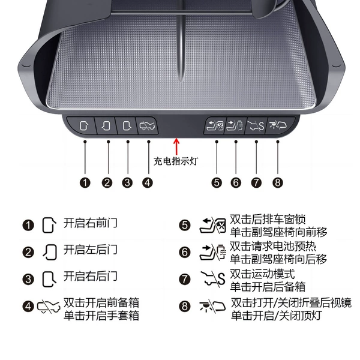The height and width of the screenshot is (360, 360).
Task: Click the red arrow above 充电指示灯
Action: (x=176, y=146)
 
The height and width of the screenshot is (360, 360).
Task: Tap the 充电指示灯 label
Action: (x=176, y=161)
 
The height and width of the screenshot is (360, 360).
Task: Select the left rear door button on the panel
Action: (x=106, y=126)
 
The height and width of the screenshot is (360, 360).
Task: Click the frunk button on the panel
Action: (x=148, y=126)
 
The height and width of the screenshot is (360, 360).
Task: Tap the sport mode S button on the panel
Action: (x=256, y=126)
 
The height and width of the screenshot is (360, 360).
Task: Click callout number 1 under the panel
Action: (x=85, y=183)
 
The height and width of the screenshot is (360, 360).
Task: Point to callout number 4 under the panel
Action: (x=148, y=183)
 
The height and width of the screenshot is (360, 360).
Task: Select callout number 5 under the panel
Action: (x=217, y=183)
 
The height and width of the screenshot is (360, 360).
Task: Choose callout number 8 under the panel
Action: (x=278, y=183)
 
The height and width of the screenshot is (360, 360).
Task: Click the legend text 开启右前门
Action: (x=91, y=223)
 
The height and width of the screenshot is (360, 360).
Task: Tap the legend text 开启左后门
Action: (x=91, y=250)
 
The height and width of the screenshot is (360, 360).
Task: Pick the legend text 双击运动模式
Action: (x=262, y=274)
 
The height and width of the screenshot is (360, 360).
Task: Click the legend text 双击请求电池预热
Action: (x=273, y=247)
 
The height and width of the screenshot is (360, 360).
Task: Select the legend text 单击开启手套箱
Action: (x=101, y=316)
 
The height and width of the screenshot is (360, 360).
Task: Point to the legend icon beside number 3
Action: (x=49, y=279)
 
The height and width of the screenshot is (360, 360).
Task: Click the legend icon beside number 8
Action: (x=212, y=306)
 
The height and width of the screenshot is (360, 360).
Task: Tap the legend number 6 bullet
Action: (x=185, y=253)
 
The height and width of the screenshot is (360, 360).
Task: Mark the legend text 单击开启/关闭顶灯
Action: (x=277, y=316)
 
